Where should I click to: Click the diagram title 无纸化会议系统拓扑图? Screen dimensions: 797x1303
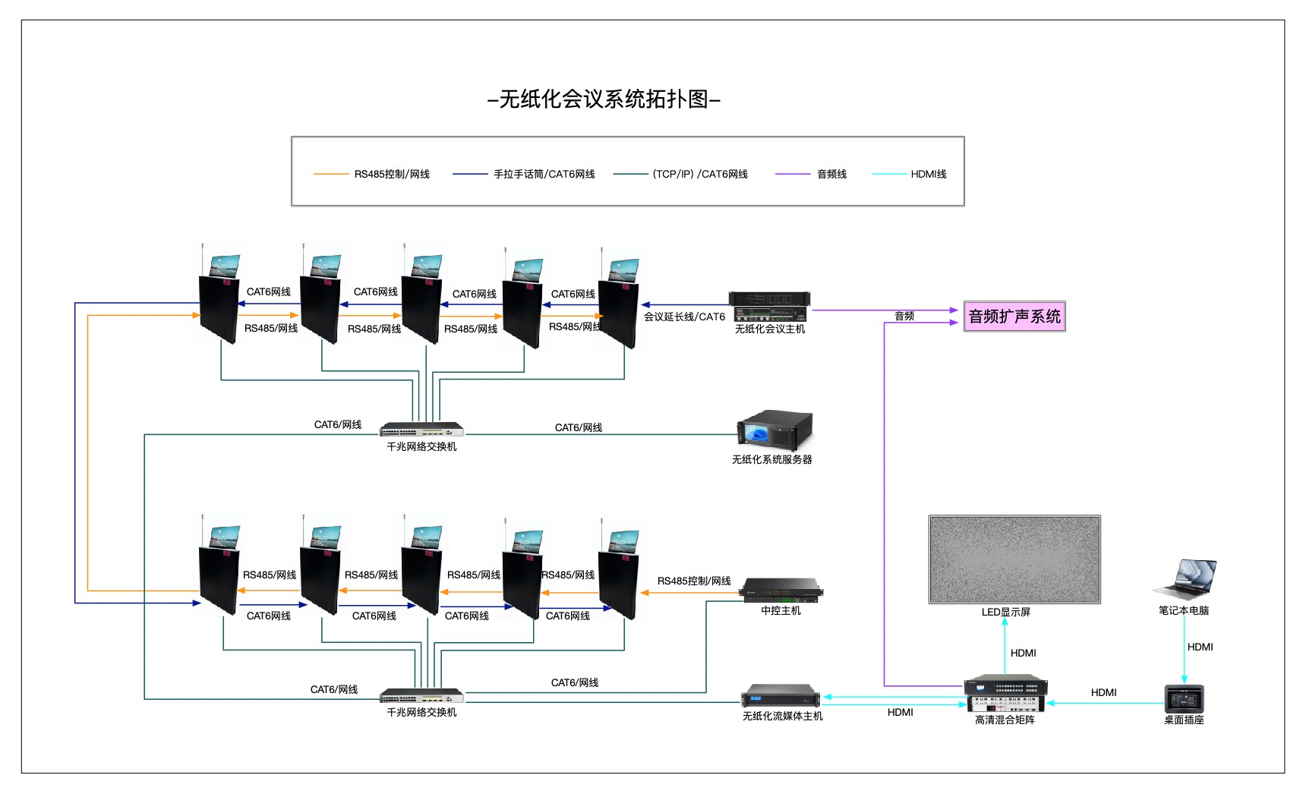604,99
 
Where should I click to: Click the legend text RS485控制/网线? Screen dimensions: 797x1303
392,175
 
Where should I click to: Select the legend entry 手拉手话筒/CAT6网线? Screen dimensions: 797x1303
544,175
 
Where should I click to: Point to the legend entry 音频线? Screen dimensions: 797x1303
831,175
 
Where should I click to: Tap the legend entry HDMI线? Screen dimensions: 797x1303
929,175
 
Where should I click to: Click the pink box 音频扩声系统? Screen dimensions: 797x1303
1014,317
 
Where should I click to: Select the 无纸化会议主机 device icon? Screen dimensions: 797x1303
769,307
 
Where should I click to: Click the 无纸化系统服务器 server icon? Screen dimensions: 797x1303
775,430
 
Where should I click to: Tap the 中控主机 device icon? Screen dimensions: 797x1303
781,591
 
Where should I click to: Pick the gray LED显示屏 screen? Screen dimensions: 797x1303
1014,559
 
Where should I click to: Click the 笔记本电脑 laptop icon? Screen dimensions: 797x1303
1185,580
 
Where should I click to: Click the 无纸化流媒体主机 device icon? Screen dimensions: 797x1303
781,696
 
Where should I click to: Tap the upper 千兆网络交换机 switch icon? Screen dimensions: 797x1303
421,430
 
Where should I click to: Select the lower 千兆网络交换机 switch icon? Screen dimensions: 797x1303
421,695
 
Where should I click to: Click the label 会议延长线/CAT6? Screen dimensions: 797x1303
684,317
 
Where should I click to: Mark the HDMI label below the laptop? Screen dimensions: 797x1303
1200,647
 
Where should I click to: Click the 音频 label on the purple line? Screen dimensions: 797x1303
904,317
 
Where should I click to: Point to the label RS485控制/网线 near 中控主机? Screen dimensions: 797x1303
694,581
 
